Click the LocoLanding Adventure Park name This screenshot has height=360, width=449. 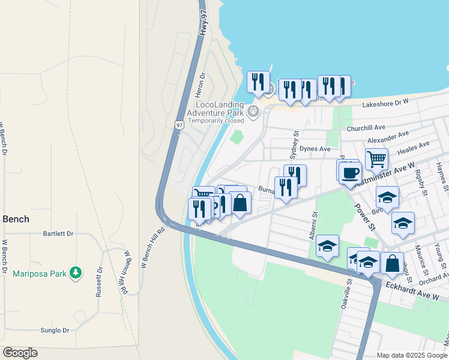point(215,108)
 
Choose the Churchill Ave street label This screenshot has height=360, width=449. point(366,128)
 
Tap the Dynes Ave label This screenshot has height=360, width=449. point(316,148)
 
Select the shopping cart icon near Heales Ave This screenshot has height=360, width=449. point(376,159)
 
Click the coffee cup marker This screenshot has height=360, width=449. point(350,173)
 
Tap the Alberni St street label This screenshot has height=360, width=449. point(313,226)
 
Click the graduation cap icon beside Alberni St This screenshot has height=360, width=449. point(327,246)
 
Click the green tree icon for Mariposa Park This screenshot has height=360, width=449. point(75,273)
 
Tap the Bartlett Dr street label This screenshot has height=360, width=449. point(58,233)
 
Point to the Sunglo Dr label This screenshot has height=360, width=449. point(55,330)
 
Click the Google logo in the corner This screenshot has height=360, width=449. point(20,352)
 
